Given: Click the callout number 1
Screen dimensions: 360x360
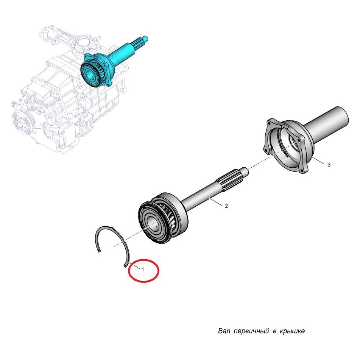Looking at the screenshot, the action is click(143, 270).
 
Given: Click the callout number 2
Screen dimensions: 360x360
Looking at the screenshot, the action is click(226, 206).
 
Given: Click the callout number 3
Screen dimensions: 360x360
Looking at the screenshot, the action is click(329, 165).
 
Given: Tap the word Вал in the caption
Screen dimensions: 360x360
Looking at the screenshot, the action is click(224, 331).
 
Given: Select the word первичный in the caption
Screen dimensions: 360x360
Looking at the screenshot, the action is click(251, 331).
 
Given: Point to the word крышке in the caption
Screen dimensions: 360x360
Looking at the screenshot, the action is click(292, 331).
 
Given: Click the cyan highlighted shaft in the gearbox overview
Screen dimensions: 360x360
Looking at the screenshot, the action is click(115, 60).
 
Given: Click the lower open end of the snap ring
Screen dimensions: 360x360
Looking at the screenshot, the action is click(125, 266).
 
